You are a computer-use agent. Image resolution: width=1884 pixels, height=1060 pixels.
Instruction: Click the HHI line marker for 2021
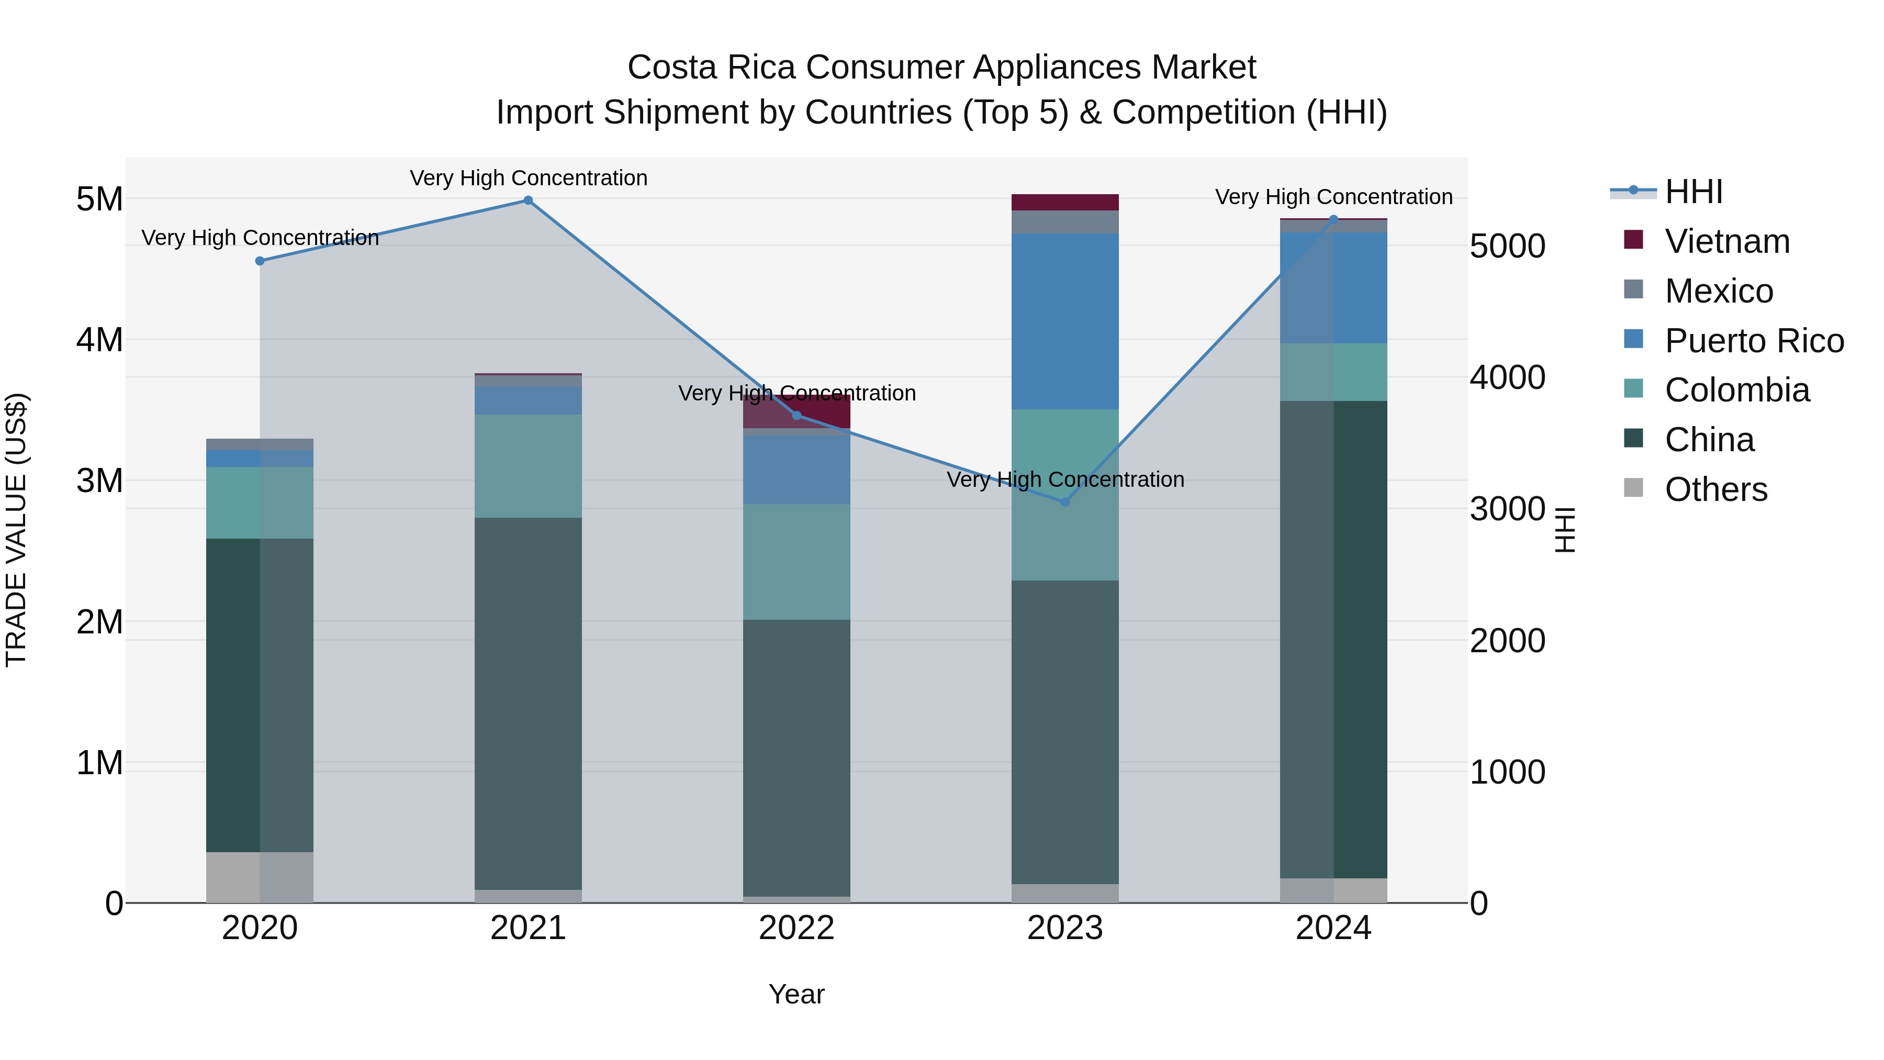coord(528,200)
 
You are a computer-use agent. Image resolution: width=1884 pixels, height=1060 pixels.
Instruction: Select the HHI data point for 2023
coord(1065,502)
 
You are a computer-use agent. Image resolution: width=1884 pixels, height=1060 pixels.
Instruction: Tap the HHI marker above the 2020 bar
coord(260,261)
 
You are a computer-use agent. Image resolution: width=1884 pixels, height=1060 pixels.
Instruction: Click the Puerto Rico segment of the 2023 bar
coord(1065,321)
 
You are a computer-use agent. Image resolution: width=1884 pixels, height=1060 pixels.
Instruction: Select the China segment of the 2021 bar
coord(528,702)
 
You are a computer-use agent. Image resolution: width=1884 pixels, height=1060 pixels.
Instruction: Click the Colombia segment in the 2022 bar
coord(797,561)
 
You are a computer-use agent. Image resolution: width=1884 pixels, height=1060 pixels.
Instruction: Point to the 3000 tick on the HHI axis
coord(1507,509)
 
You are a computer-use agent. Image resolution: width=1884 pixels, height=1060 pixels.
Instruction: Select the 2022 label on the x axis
coord(797,928)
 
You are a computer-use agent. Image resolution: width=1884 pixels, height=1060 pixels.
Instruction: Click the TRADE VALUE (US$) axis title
coord(16,530)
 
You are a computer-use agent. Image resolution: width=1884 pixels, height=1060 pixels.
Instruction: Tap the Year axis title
coord(797,994)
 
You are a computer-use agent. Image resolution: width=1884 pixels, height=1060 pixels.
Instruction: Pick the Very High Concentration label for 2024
coord(1333,197)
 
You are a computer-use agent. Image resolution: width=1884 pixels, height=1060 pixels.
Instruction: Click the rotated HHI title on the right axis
coord(1564,530)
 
